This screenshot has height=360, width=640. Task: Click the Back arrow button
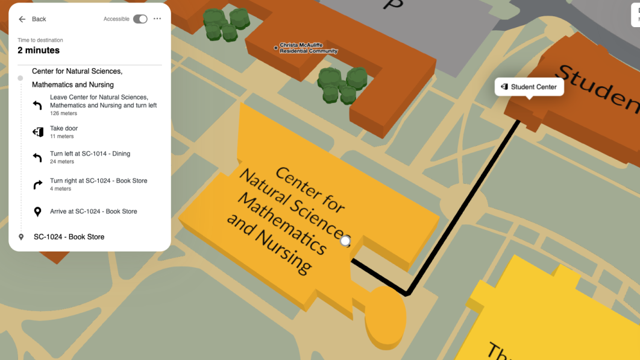(x=22, y=19)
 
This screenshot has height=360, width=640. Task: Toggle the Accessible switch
(x=140, y=19)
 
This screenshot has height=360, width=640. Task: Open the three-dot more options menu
(x=157, y=19)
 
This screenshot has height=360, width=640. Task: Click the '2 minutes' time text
(x=39, y=51)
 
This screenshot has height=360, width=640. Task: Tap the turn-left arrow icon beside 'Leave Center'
(x=37, y=105)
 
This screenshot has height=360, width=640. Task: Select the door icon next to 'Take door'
(x=37, y=131)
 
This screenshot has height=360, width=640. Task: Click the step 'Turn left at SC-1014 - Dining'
(x=90, y=154)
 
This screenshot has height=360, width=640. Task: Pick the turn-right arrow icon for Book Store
(x=37, y=185)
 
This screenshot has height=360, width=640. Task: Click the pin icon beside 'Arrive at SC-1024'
(x=37, y=212)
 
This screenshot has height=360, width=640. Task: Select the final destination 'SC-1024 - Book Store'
(x=69, y=237)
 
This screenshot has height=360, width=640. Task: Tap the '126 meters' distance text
(x=63, y=113)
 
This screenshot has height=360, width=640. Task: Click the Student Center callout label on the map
(x=530, y=87)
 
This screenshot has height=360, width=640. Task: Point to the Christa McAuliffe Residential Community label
(x=308, y=48)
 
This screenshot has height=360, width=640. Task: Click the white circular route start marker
(x=345, y=241)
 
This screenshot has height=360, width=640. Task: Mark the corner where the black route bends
(x=407, y=294)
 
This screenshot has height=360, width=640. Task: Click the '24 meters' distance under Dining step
(x=61, y=162)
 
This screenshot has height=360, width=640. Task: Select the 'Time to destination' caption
(x=40, y=40)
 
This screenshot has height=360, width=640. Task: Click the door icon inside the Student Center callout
(x=504, y=87)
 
